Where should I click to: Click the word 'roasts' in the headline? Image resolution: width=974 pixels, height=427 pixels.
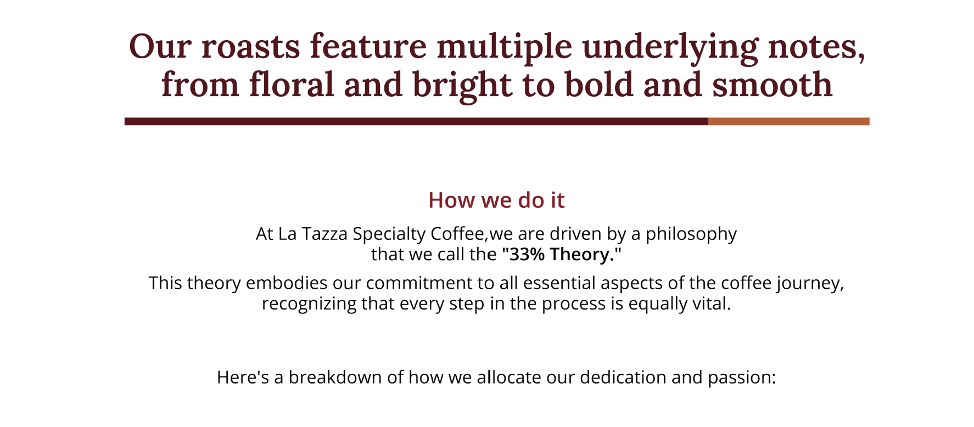click(x=250, y=47)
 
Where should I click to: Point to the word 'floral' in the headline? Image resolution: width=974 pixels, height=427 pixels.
click(x=292, y=85)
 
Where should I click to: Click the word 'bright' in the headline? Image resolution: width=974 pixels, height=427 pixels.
click(x=462, y=86)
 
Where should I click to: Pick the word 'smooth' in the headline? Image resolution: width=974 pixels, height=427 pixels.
click(x=772, y=85)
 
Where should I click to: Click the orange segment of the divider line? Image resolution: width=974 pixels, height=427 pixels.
click(x=788, y=121)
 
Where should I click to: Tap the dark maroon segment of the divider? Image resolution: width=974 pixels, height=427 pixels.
click(x=416, y=121)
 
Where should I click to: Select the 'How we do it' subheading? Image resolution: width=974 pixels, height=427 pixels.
click(x=496, y=200)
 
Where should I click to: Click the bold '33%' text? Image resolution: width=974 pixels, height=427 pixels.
click(x=527, y=255)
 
